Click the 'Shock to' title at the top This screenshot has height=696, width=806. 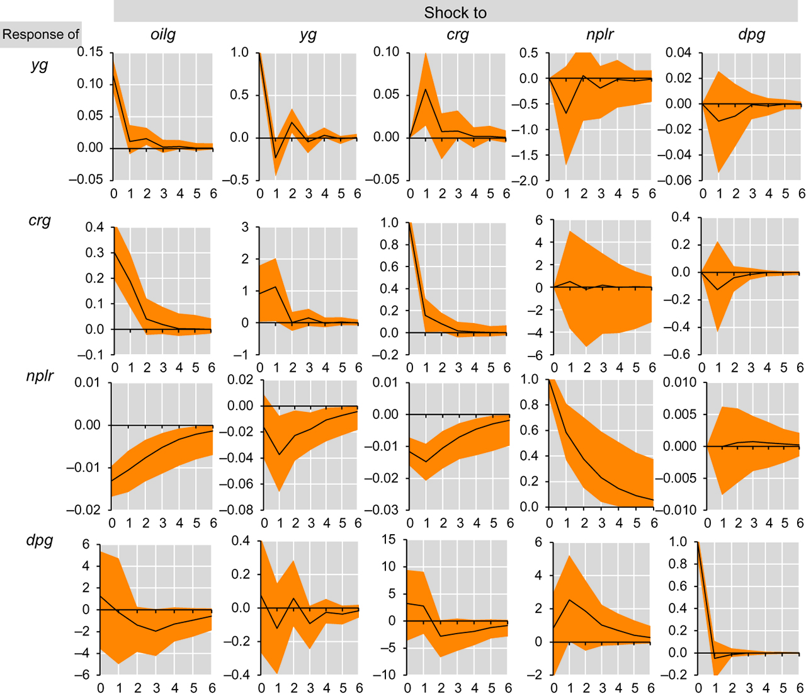tap(455, 13)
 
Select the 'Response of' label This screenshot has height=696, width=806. tap(41, 34)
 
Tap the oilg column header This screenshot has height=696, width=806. tap(163, 35)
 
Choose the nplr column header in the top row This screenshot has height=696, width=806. tap(599, 35)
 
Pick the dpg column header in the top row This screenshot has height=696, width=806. tap(752, 35)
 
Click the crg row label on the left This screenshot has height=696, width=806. tap(40, 221)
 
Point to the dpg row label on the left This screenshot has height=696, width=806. tap(40, 540)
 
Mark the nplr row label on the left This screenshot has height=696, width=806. tap(40, 377)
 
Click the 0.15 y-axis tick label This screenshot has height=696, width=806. tap(89, 52)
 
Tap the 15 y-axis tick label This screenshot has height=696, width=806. tap(389, 540)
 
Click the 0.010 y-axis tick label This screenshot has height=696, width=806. tap(680, 382)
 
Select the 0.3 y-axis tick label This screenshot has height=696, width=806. tap(94, 253)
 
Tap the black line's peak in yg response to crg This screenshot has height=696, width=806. tap(426, 89)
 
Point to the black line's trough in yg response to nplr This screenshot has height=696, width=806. tap(567, 113)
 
